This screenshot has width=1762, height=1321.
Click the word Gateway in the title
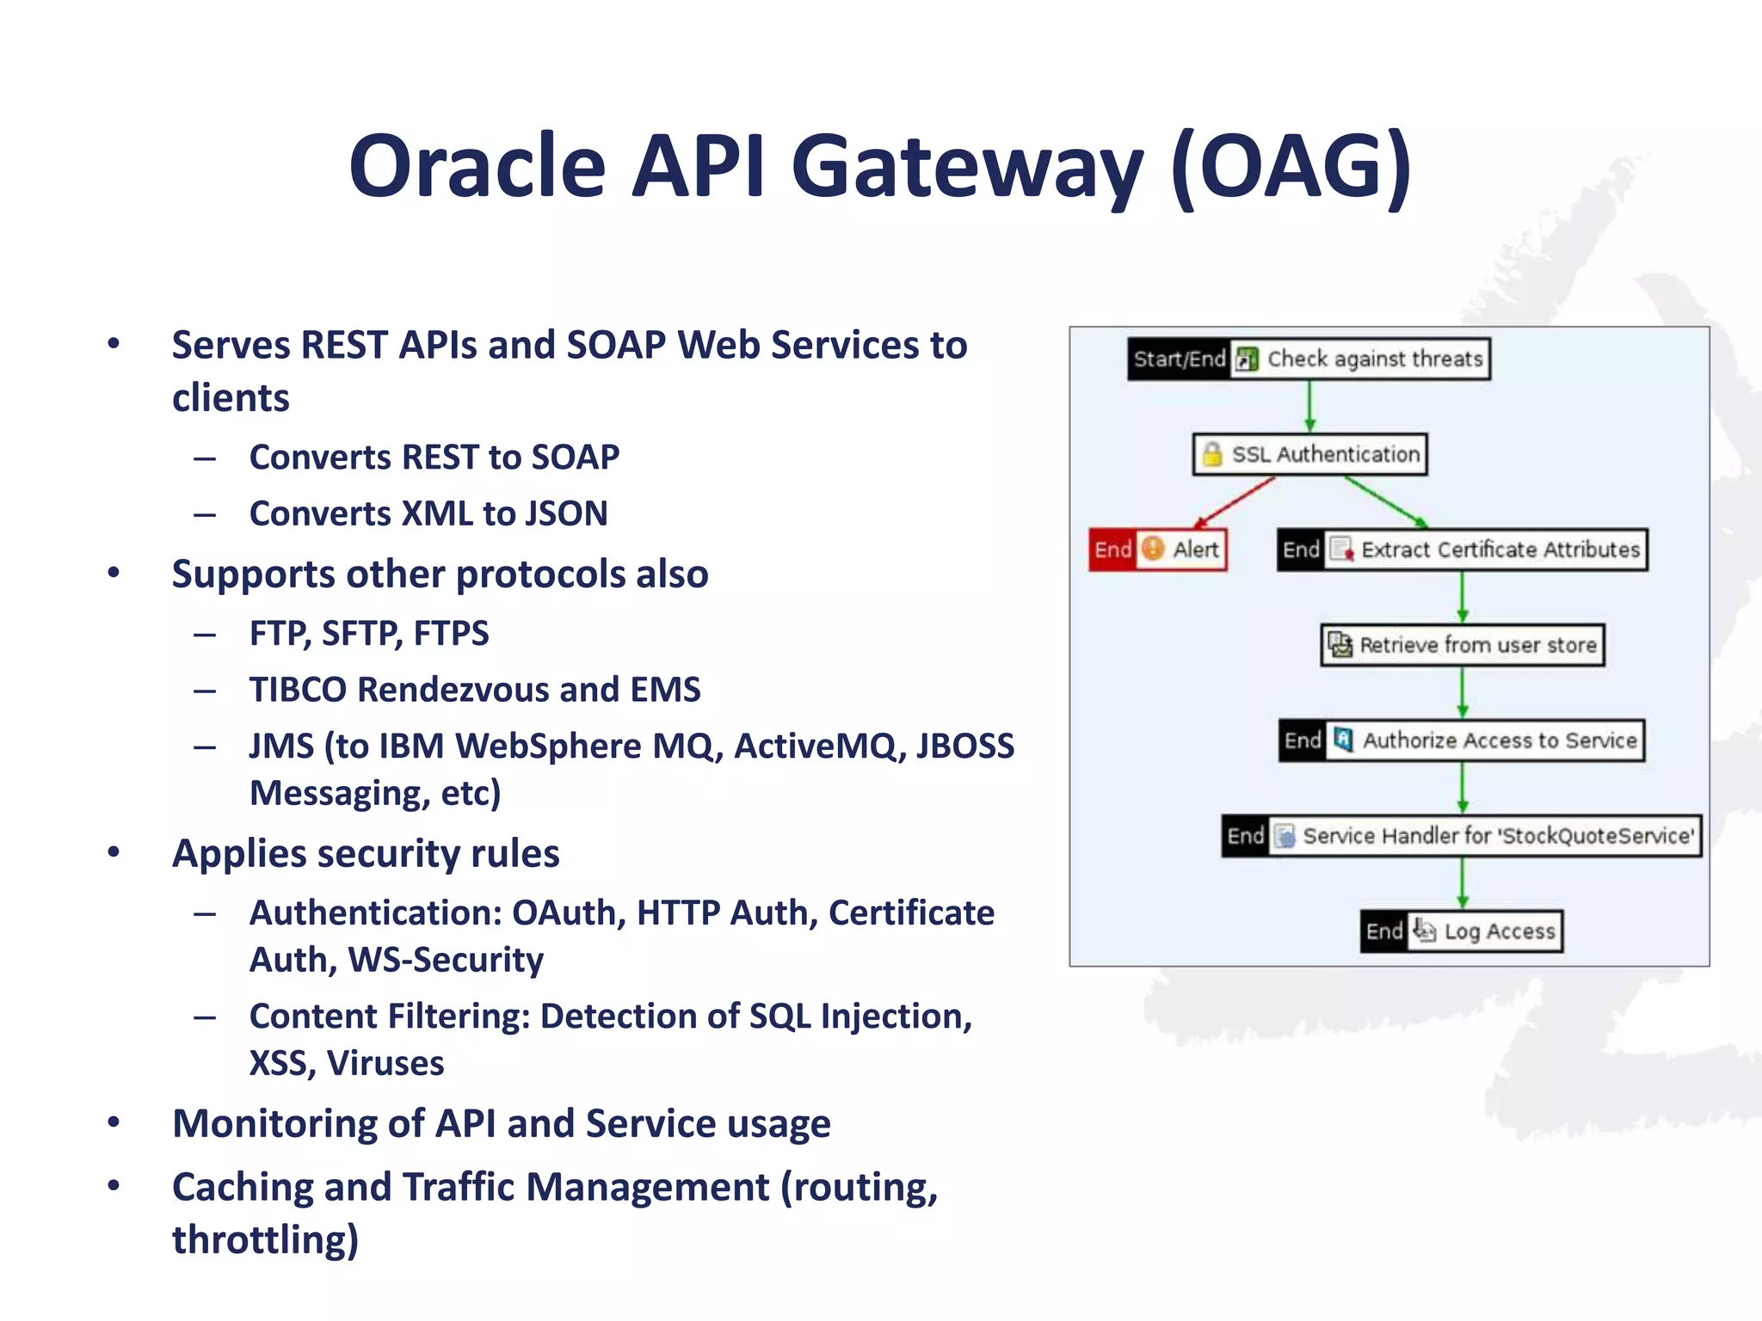(x=967, y=167)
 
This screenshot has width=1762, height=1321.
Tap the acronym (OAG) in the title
(x=1291, y=167)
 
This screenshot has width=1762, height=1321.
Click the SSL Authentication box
(x=1309, y=454)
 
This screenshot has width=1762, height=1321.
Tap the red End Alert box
(x=1157, y=550)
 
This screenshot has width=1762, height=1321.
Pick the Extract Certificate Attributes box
(x=1463, y=550)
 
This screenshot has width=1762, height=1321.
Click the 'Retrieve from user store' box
(x=1463, y=645)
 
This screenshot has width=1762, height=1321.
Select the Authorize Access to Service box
(x=1463, y=740)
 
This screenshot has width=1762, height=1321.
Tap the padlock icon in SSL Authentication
(x=1211, y=454)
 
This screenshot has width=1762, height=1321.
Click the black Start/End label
(x=1179, y=359)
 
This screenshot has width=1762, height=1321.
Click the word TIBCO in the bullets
(x=299, y=690)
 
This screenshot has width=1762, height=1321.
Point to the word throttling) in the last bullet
(x=265, y=1240)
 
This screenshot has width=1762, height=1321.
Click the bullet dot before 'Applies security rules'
(x=114, y=852)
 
